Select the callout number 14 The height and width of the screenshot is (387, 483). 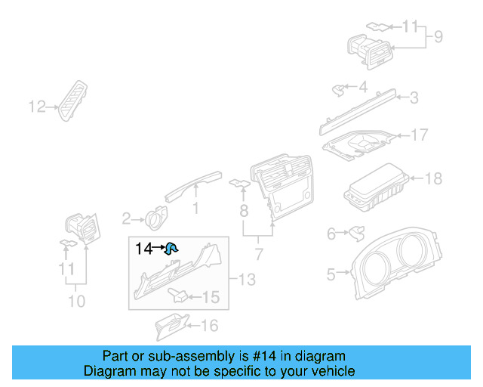pyautogui.click(x=143, y=247)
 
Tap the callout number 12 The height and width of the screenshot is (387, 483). pyautogui.click(x=37, y=107)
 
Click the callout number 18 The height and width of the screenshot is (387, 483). pyautogui.click(x=434, y=179)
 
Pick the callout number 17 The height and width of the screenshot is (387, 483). pyautogui.click(x=419, y=135)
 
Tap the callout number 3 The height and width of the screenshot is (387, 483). pyautogui.click(x=414, y=97)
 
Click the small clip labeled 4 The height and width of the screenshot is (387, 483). pyautogui.click(x=338, y=90)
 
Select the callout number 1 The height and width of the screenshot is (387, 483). pyautogui.click(x=195, y=207)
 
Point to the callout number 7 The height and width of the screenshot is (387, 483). pyautogui.click(x=258, y=253)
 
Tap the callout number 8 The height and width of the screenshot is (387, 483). pyautogui.click(x=243, y=209)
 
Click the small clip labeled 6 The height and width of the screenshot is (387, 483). pyautogui.click(x=352, y=235)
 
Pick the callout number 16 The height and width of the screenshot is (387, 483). pyautogui.click(x=208, y=326)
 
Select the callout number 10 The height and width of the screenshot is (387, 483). pyautogui.click(x=75, y=302)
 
